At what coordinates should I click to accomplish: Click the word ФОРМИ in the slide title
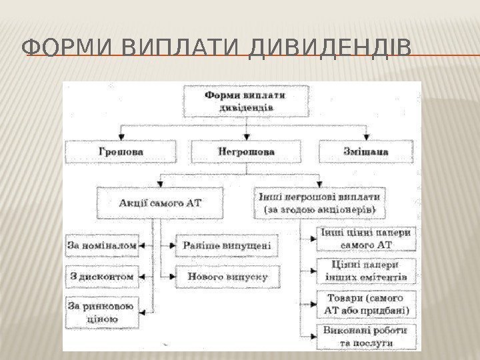coord(61,50)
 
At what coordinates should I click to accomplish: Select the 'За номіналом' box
coord(102,245)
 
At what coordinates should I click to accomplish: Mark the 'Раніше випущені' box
coord(227,245)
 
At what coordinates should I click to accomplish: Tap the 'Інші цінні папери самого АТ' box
coord(365,238)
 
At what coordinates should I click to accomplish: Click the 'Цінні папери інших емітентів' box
coord(365,271)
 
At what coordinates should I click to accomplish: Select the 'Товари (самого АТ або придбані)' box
coord(365,303)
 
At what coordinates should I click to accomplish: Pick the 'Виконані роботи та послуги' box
coord(365,337)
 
